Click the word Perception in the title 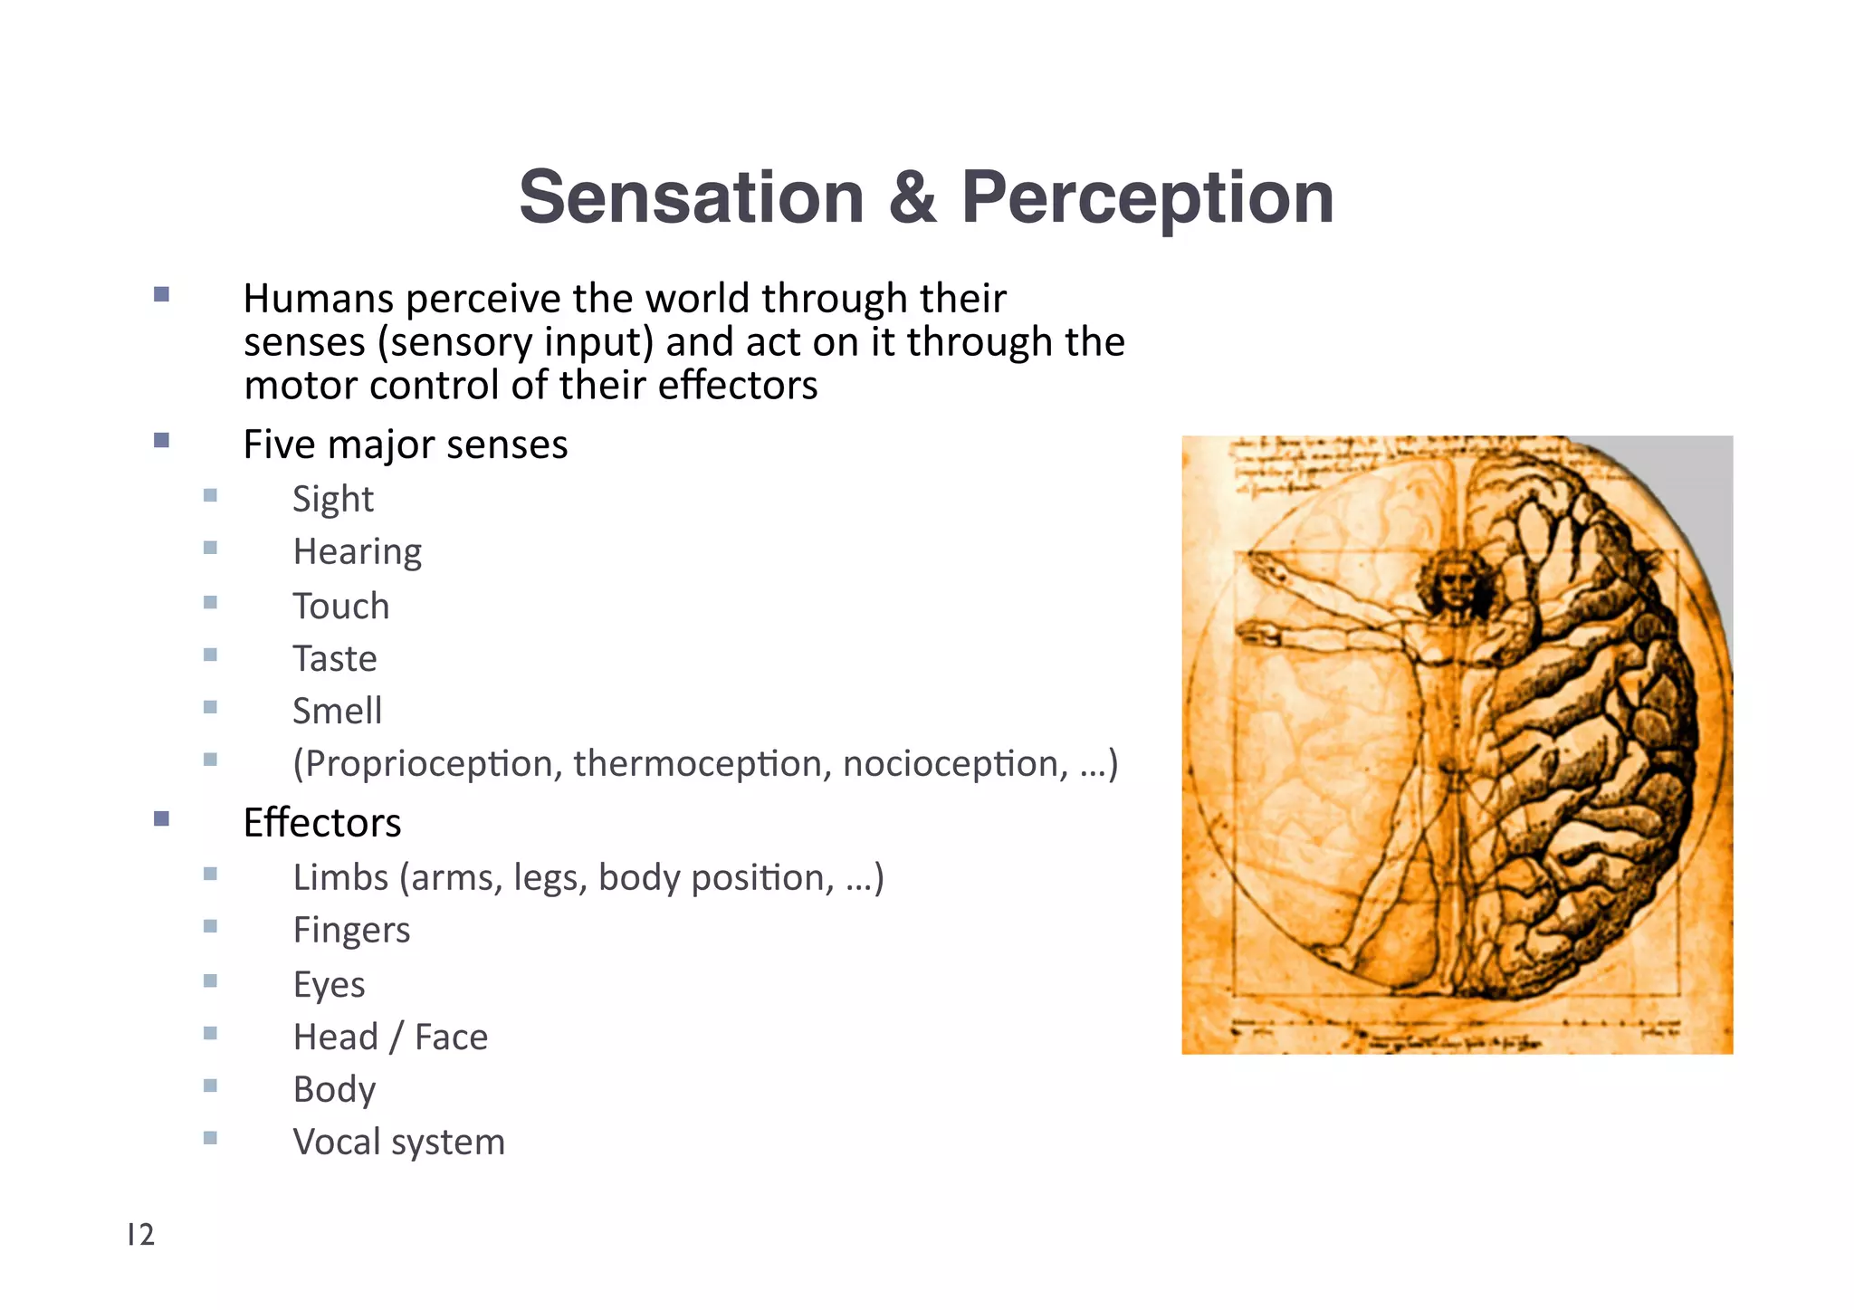point(1147,197)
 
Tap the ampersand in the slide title point(912,197)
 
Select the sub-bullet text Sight point(332,499)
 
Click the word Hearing point(357,551)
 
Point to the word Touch point(340,606)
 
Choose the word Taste point(334,658)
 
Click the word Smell point(337,711)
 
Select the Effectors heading point(321,822)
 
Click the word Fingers point(351,930)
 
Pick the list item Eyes point(329,984)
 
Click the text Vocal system point(398,1142)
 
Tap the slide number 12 point(141,1235)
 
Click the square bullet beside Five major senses point(161,441)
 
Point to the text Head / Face point(390,1037)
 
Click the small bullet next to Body point(210,1085)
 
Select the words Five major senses point(406,445)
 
